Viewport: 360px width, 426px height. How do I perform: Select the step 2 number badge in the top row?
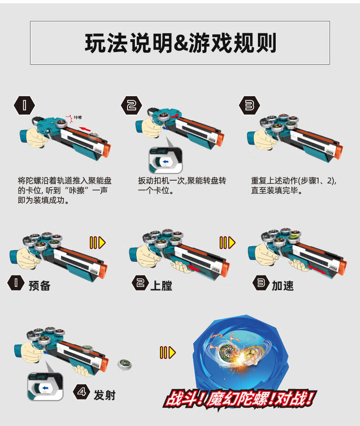[x=132, y=106]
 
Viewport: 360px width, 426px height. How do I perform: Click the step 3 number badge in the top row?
[x=249, y=106]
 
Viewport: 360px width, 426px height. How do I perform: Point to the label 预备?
[x=39, y=286]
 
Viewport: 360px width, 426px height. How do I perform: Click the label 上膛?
[x=161, y=286]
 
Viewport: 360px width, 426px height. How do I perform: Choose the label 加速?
[x=283, y=286]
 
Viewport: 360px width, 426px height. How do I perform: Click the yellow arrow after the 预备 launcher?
[x=98, y=243]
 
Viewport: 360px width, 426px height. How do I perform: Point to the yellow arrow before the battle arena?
[x=167, y=352]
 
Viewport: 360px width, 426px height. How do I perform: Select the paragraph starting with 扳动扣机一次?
[x=182, y=185]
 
